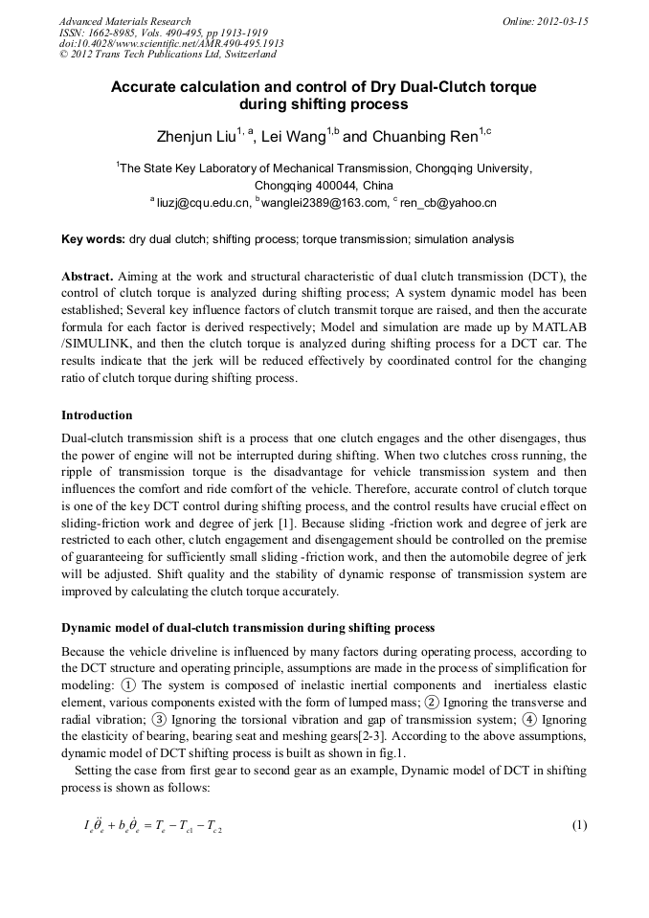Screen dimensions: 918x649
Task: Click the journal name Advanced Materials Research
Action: pos(124,20)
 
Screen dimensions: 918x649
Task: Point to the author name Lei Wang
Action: pos(295,137)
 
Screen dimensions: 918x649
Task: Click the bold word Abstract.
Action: pos(86,277)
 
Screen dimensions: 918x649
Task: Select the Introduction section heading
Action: pos(97,414)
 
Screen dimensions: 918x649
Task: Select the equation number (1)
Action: pos(578,825)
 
